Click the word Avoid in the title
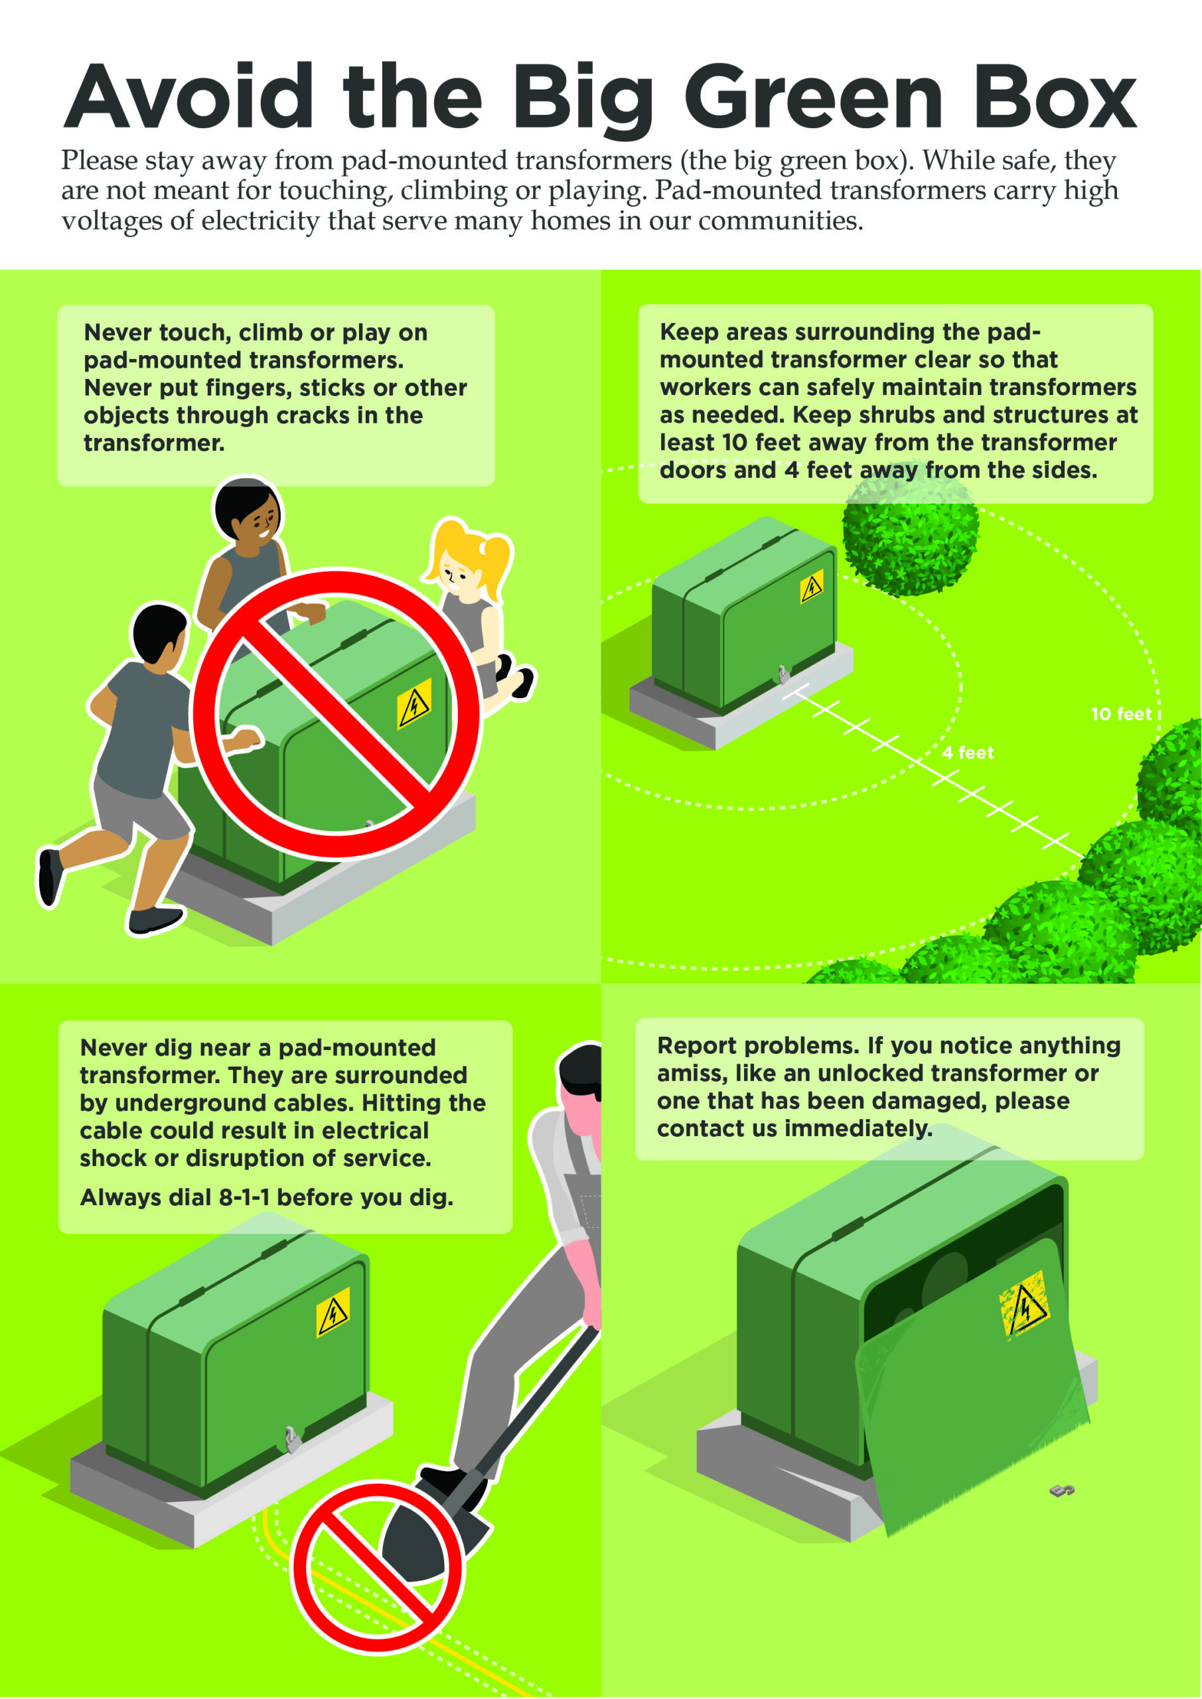188,96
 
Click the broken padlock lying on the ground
1062,1489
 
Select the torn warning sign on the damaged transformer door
1023,1307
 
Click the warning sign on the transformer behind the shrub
812,587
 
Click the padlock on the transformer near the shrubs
783,674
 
